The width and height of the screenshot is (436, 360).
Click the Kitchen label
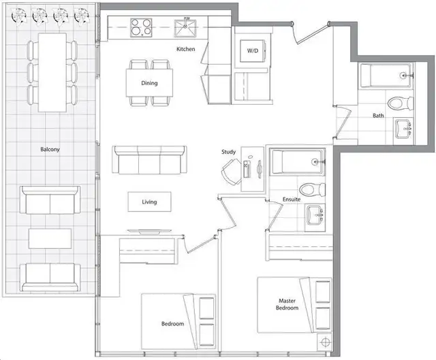[186, 49]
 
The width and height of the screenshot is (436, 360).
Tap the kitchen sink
[185, 28]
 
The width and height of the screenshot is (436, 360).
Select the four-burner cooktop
[141, 27]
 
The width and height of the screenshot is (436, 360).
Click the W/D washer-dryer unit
[253, 51]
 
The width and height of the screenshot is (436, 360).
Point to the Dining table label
[149, 83]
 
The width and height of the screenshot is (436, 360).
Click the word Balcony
[50, 150]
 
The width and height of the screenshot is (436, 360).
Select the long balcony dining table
[52, 73]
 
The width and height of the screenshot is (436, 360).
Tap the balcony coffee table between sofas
[50, 239]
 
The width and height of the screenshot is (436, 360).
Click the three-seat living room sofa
[150, 160]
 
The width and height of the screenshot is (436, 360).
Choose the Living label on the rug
[149, 202]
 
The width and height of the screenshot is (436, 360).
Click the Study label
[229, 152]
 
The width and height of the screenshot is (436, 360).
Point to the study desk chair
[232, 171]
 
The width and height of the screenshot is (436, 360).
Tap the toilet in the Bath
[400, 103]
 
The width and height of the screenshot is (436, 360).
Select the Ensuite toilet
[312, 190]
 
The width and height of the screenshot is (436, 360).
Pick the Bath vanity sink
[403, 129]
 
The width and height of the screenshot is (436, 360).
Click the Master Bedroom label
[287, 304]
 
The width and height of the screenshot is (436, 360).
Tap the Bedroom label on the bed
[172, 324]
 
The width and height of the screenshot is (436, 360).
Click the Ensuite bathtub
[298, 162]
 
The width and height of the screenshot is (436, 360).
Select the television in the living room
[149, 231]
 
